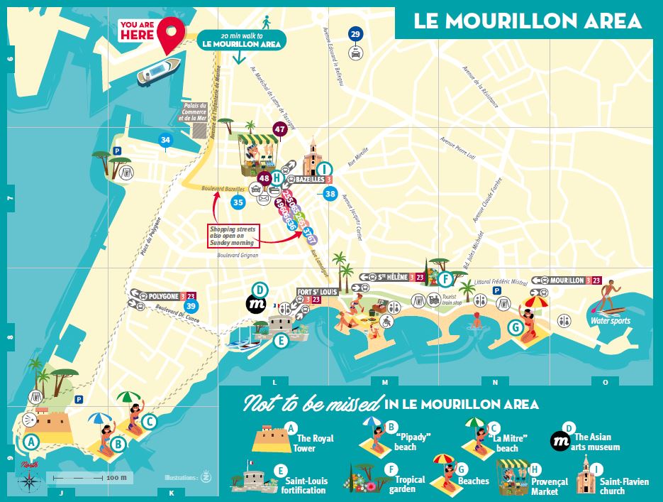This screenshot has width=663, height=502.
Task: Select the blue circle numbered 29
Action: point(355,34)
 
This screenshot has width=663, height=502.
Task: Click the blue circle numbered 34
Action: point(165,140)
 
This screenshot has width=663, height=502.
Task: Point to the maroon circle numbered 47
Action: point(280,129)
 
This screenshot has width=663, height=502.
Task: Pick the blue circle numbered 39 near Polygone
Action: point(189,306)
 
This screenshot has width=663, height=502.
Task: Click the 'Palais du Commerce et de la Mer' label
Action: point(193,112)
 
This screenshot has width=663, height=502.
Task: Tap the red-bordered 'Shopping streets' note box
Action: point(234,236)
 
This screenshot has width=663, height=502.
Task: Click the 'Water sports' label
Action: point(610,320)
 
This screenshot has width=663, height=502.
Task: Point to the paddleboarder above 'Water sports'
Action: point(608,297)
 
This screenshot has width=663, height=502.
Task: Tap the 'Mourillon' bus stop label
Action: point(565,280)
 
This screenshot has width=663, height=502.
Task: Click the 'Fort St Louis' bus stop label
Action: point(316,291)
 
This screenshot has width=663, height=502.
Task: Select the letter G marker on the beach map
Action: point(515,327)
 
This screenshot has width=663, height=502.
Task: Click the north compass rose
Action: point(30,480)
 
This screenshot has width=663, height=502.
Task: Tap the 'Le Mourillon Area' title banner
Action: point(528,20)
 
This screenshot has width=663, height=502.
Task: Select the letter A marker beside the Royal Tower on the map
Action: point(30,441)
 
